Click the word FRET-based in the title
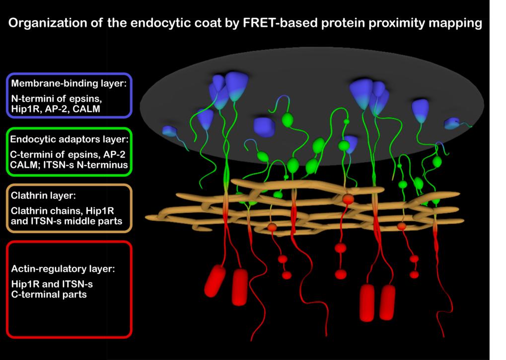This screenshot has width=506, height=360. tap(280, 23)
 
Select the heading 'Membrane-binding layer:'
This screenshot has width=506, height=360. tap(69, 83)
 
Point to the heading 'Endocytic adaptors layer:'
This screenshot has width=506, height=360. tap(70, 140)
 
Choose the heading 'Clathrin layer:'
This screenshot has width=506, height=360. tap(43, 196)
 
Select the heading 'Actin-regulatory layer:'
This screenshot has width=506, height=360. tap(63, 269)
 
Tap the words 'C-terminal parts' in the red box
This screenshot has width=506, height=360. tap(49, 294)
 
